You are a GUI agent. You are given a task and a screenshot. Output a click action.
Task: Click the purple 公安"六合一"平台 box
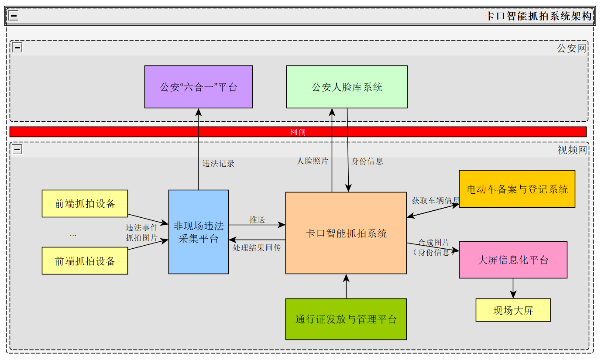point(199,87)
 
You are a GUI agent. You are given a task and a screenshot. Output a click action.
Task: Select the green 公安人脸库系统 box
point(347,87)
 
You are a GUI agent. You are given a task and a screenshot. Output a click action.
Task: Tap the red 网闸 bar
point(298,132)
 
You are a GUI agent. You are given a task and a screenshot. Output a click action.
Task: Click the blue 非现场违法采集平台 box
point(199,232)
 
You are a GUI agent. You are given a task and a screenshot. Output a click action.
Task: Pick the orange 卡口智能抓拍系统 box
point(346,233)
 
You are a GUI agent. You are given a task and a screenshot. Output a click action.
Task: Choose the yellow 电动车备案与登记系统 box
point(517,189)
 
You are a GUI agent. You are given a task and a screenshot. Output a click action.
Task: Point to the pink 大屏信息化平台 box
point(513,260)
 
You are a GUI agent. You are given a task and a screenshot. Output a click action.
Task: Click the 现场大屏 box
point(513,310)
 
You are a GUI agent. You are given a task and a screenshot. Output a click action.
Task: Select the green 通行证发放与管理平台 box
point(346,319)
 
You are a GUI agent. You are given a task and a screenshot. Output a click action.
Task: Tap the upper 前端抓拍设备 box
point(85,203)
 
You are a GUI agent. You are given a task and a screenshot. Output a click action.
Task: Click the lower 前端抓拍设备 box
point(85,261)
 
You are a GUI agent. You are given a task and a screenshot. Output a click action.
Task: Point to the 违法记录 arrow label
point(218,164)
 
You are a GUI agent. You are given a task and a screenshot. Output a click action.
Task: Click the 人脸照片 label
point(313,161)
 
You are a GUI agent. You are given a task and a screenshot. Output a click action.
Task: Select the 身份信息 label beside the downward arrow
point(367,161)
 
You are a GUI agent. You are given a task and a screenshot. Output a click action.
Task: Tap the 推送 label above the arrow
point(257,219)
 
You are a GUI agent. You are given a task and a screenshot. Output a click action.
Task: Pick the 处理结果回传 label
point(257,247)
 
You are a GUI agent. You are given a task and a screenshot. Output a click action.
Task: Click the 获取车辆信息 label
point(436,200)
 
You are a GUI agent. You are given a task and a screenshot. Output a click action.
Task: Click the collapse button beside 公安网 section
point(17,48)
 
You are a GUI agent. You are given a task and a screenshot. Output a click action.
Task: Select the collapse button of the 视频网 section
point(17,150)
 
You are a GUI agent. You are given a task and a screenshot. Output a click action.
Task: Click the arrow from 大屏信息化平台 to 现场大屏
point(513,288)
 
